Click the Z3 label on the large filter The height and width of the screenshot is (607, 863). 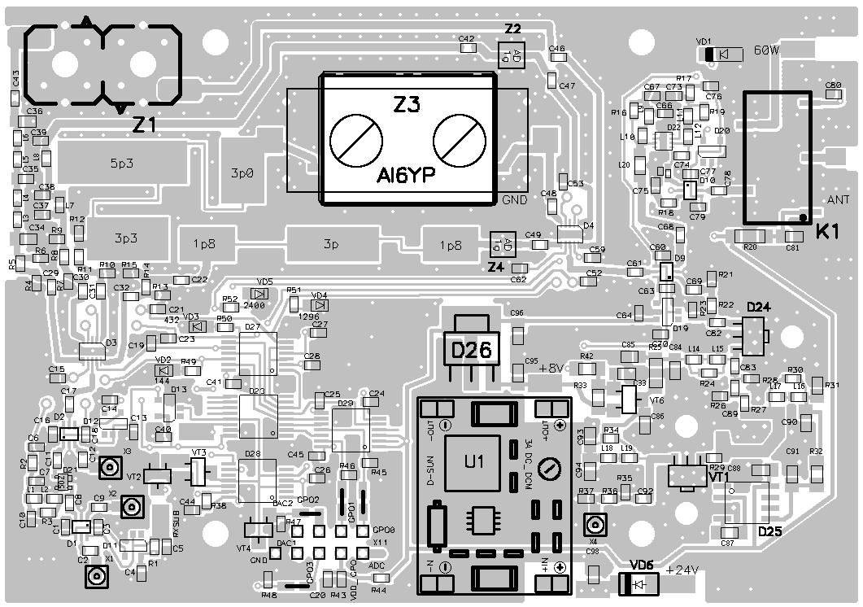[406, 104]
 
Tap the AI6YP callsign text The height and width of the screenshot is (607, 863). [407, 177]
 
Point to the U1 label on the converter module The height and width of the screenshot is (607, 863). [474, 461]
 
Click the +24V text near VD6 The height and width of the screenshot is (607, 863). [682, 570]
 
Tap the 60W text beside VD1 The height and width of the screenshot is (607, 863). [767, 50]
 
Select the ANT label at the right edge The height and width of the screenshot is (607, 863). [838, 199]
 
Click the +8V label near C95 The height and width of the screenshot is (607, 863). [551, 368]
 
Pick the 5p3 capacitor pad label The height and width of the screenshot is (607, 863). [122, 164]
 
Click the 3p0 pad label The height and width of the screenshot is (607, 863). [242, 173]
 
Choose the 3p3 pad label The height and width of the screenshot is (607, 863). [126, 238]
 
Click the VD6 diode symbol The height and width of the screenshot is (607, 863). [639, 584]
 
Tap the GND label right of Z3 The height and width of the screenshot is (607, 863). [516, 199]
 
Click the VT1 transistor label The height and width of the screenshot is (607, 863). [719, 478]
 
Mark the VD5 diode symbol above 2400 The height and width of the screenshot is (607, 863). [259, 294]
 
